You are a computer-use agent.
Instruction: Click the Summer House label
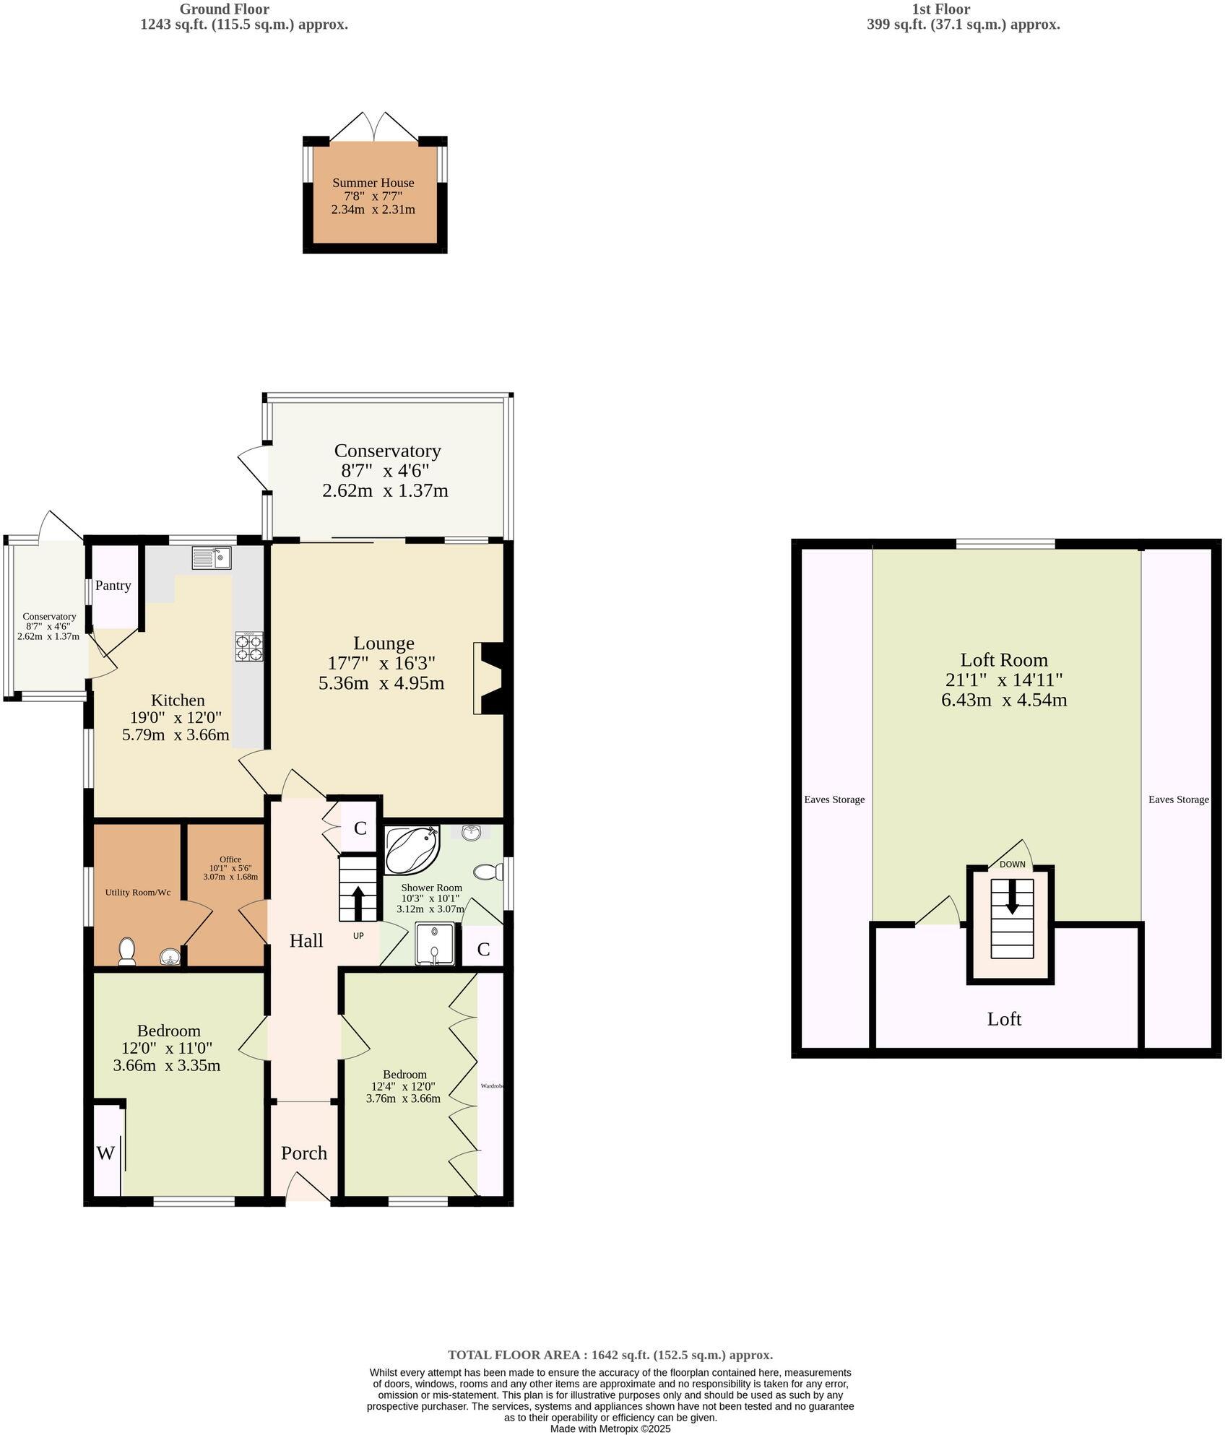(x=373, y=183)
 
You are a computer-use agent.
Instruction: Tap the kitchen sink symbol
(x=211, y=558)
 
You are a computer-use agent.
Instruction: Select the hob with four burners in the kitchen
(x=248, y=646)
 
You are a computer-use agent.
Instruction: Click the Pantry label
(x=113, y=586)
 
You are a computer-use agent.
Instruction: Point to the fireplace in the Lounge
(x=490, y=678)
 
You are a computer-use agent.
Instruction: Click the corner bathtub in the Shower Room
(x=410, y=851)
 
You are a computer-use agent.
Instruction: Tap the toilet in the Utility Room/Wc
(x=127, y=951)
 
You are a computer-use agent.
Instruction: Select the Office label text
(x=230, y=859)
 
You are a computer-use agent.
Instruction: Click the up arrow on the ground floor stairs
(x=358, y=901)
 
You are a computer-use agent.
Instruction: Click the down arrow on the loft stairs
(x=1012, y=896)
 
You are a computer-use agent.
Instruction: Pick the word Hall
(x=306, y=940)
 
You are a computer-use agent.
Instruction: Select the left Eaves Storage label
(x=834, y=799)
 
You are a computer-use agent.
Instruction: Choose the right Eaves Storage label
(x=1178, y=799)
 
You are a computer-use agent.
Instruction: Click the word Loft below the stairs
(x=1004, y=1019)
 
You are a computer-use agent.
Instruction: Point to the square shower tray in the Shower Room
(x=434, y=943)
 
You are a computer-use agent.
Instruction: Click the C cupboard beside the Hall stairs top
(x=360, y=828)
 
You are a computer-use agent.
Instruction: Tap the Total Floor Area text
(x=610, y=1355)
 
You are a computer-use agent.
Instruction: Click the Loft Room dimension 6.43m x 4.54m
(x=1004, y=700)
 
